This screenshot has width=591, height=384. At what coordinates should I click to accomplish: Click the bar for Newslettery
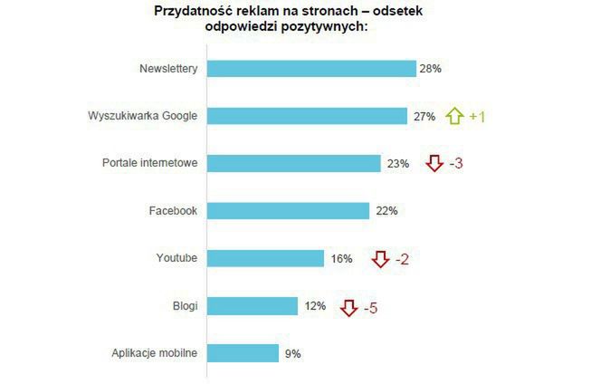(x=311, y=69)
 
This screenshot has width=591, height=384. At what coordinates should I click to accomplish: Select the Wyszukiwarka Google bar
(x=307, y=116)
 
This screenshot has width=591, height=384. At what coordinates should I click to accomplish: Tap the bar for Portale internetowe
(x=294, y=163)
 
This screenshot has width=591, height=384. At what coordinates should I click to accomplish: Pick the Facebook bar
(x=288, y=211)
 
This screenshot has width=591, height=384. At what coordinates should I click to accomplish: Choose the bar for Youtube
(x=265, y=259)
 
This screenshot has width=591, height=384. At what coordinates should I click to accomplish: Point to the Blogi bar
(x=253, y=306)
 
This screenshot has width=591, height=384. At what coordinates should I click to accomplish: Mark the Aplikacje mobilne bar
(x=243, y=353)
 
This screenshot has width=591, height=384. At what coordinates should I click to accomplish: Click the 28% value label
(x=430, y=69)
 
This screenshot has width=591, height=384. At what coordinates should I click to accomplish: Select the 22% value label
(x=386, y=211)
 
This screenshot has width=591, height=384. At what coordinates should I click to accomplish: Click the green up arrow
(x=454, y=116)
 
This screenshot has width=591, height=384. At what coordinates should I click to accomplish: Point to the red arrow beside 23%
(x=434, y=164)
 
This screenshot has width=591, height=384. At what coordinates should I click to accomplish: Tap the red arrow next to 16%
(x=380, y=259)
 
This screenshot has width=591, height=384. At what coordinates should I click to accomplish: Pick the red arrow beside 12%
(x=348, y=308)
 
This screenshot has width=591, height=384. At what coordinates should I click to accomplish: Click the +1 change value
(x=477, y=117)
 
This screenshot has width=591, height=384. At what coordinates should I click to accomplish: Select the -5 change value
(x=370, y=308)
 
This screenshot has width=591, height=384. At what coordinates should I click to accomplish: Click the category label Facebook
(x=172, y=211)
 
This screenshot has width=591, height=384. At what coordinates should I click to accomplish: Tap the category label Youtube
(x=176, y=259)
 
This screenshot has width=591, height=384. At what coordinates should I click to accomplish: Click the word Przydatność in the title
(x=186, y=12)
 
